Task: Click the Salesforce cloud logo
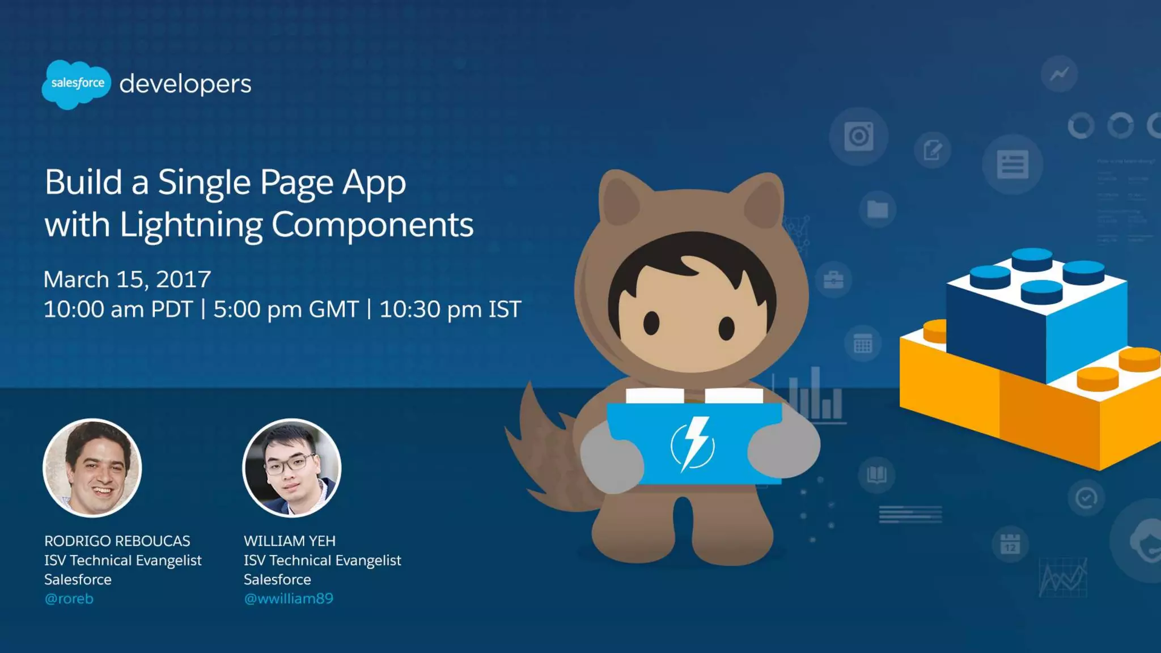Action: coord(76,84)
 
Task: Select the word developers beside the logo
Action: coord(185,84)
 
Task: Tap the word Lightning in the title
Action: coord(190,225)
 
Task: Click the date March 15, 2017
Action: coord(127,279)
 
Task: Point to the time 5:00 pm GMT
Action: coord(286,309)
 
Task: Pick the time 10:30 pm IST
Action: coord(450,309)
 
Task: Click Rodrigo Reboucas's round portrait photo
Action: coord(92,468)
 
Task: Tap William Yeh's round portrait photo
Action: coord(292,468)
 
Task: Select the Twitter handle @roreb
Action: coord(69,599)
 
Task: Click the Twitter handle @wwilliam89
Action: coord(289,599)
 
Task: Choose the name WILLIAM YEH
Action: coord(290,541)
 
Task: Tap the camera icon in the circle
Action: coord(858,136)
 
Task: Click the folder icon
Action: coord(878,209)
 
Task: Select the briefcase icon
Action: coord(833,279)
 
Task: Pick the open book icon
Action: coord(876,474)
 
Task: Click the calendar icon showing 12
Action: coord(1010,544)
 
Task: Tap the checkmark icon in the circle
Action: coord(1086,498)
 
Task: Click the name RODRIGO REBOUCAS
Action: coord(117,541)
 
